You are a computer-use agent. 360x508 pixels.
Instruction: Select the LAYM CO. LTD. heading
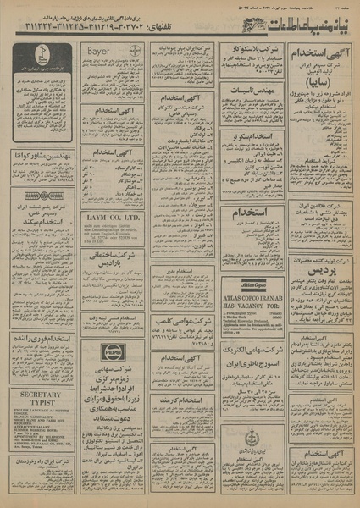[x=113, y=218]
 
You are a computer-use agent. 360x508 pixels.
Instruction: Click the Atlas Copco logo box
[x=252, y=288]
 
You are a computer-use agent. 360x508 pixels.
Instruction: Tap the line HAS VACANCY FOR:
[x=252, y=310]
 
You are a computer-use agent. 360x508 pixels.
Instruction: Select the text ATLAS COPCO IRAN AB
[x=252, y=302]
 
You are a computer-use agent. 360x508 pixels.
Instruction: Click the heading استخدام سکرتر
[x=252, y=135]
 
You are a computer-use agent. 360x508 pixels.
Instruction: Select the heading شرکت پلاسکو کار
[x=252, y=52]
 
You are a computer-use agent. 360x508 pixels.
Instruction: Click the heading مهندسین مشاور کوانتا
[x=42, y=157]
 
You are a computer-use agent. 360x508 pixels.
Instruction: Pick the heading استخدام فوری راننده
[x=42, y=339]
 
